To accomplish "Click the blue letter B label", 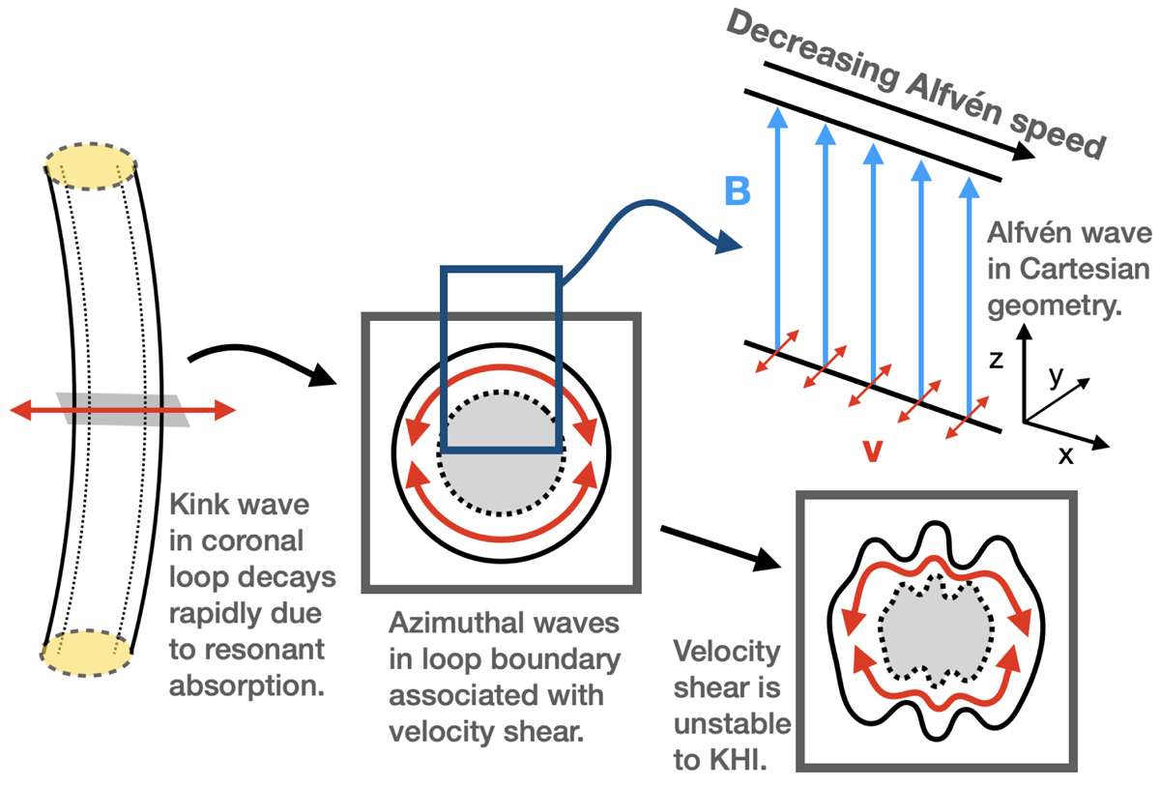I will [737, 191].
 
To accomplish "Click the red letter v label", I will [871, 451].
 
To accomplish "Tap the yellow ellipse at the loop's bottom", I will [87, 655].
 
